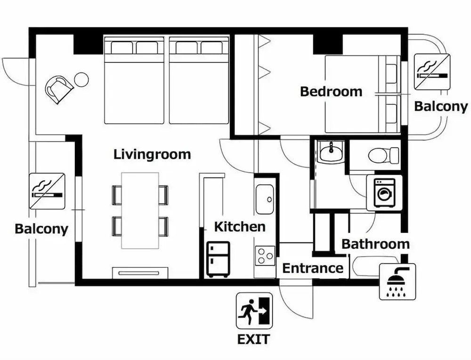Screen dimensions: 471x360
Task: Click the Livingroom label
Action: tap(152, 155)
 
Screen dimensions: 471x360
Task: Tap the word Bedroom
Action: tap(331, 91)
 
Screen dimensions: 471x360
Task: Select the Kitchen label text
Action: tap(240, 227)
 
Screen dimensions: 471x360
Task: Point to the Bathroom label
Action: tap(375, 244)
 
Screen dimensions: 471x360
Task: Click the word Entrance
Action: tap(313, 268)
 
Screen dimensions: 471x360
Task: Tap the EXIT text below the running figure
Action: tap(253, 339)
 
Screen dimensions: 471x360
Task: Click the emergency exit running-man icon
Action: tap(254, 311)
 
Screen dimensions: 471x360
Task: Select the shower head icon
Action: tap(398, 282)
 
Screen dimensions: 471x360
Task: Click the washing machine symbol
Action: tap(384, 193)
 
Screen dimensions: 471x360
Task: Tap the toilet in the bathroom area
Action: tap(383, 155)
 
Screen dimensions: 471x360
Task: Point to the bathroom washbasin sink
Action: tap(331, 152)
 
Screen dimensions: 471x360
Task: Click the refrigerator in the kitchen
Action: tap(219, 259)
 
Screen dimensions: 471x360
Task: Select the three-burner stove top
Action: tap(265, 256)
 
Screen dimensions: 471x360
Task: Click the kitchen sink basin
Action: tap(265, 199)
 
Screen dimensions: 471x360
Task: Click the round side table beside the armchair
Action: tap(81, 80)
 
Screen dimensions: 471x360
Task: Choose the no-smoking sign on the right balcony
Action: tap(432, 72)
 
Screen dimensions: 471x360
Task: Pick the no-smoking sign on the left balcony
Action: tap(48, 191)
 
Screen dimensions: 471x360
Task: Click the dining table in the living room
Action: tap(140, 210)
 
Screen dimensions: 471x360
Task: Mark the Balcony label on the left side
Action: tap(41, 229)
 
